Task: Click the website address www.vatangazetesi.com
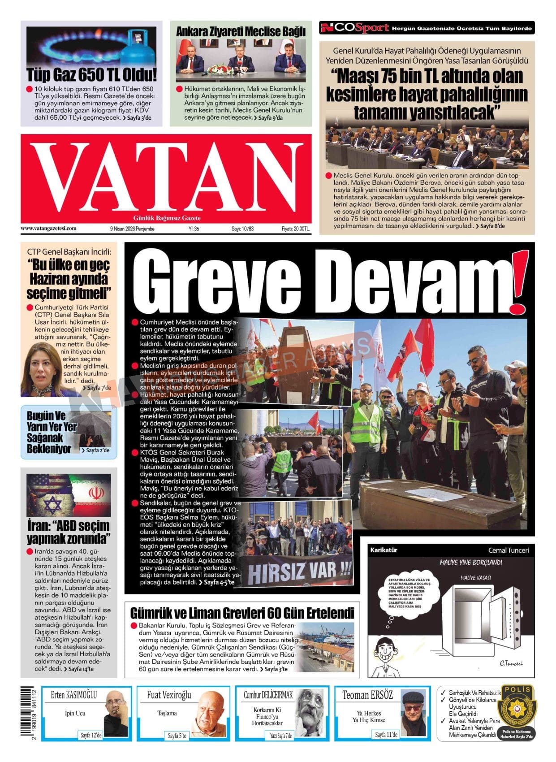pyautogui.click(x=48, y=229)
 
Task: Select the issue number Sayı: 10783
pyautogui.click(x=242, y=229)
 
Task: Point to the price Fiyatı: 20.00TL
pyautogui.click(x=295, y=229)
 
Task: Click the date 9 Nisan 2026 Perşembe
pyautogui.click(x=132, y=229)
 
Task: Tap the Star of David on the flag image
pyautogui.click(x=53, y=506)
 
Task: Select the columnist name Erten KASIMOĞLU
pyautogui.click(x=74, y=695)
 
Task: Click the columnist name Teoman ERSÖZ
pyautogui.click(x=367, y=695)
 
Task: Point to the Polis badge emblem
pyautogui.click(x=517, y=708)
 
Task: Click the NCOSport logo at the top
pyautogui.click(x=354, y=28)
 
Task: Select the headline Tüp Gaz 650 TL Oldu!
pyautogui.click(x=91, y=74)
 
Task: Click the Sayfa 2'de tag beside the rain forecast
pyautogui.click(x=95, y=450)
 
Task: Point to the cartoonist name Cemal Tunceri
pyautogui.click(x=508, y=550)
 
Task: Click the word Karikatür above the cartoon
pyautogui.click(x=384, y=550)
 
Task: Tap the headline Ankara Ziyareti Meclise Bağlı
pyautogui.click(x=241, y=32)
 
